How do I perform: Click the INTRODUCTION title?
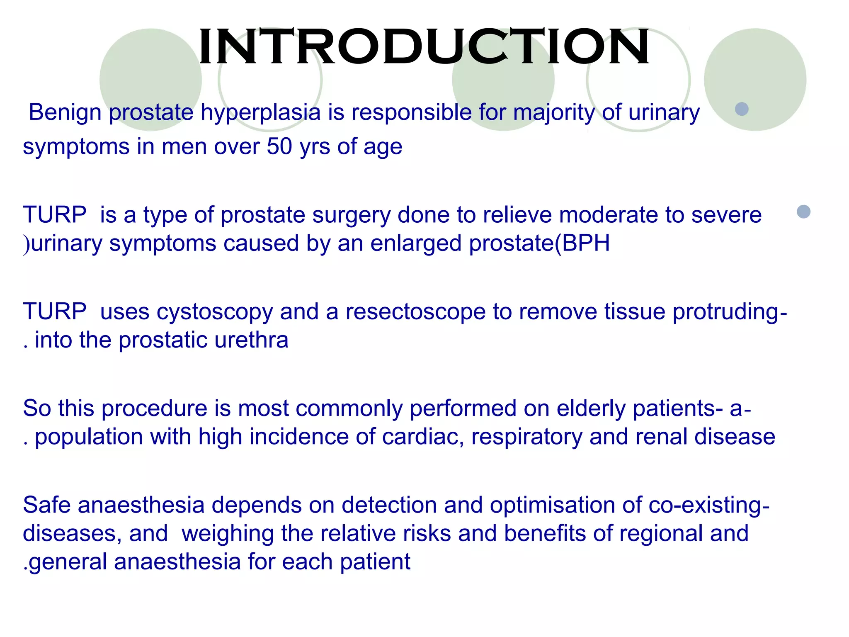point(424,46)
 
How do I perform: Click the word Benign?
point(65,112)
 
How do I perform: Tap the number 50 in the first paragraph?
point(279,146)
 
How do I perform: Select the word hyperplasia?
point(261,113)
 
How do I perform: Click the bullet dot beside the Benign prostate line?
point(742,109)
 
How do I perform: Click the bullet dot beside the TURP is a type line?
point(803,212)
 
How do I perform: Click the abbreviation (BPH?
point(582,243)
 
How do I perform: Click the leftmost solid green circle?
point(150,80)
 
